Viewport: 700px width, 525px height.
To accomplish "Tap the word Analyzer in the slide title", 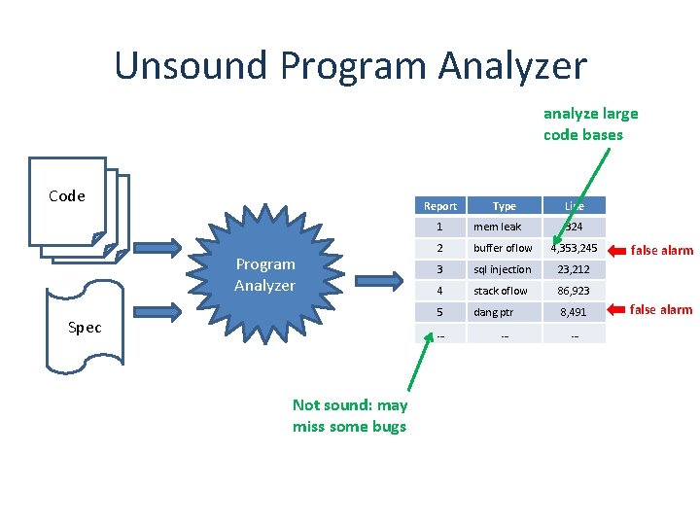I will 512,66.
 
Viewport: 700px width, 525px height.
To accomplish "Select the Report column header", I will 440,206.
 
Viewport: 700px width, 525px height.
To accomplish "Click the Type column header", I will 505,206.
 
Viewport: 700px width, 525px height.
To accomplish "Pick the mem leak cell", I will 497,227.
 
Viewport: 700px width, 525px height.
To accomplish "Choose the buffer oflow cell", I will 503,248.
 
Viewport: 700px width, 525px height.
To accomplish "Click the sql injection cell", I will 502,269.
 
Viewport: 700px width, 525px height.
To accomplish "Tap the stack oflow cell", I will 501,291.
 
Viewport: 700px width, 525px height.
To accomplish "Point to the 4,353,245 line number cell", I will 575,248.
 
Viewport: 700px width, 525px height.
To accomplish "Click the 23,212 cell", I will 575,269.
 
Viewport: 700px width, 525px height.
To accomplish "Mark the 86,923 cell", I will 575,291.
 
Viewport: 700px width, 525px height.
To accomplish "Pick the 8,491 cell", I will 575,312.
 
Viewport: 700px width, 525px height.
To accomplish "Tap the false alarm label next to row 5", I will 662,310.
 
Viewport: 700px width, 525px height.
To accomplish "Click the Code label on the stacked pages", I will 67,196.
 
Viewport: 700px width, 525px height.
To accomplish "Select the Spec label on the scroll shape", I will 85,328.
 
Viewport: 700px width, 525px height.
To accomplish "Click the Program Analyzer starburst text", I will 264,275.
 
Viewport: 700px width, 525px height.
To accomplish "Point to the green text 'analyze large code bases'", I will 590,124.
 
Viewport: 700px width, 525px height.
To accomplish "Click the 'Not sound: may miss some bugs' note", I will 350,416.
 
